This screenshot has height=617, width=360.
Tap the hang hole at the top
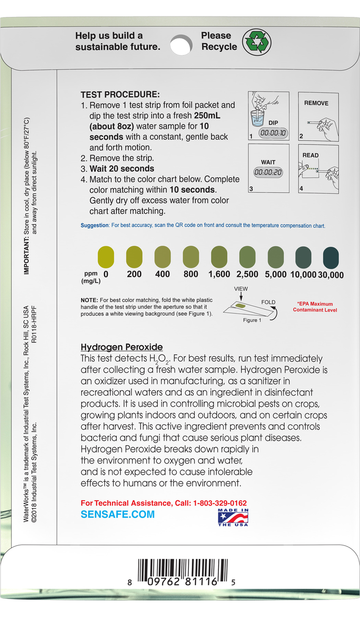click(x=181, y=44)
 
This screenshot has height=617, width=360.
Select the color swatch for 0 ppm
click(x=106, y=256)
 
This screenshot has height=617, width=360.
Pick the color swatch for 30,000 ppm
click(x=331, y=257)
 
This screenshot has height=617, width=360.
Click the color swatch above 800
click(x=191, y=257)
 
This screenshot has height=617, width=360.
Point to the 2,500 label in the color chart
click(x=247, y=274)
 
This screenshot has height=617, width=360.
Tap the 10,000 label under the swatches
click(x=303, y=275)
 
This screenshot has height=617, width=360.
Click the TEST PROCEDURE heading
click(x=120, y=94)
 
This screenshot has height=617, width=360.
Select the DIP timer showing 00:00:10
click(x=273, y=133)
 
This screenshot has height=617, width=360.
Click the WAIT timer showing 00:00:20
click(x=268, y=173)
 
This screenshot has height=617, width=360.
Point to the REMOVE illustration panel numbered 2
click(x=318, y=116)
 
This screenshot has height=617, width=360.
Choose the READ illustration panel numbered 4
click(x=318, y=169)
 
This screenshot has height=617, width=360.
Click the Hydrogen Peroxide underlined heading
click(x=121, y=347)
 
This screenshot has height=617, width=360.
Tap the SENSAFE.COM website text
click(x=118, y=514)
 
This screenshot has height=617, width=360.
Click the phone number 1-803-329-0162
click(x=220, y=503)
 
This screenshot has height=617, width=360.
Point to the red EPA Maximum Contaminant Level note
click(x=315, y=307)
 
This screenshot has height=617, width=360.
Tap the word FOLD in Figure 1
click(x=268, y=302)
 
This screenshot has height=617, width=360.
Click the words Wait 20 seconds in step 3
click(x=122, y=169)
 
